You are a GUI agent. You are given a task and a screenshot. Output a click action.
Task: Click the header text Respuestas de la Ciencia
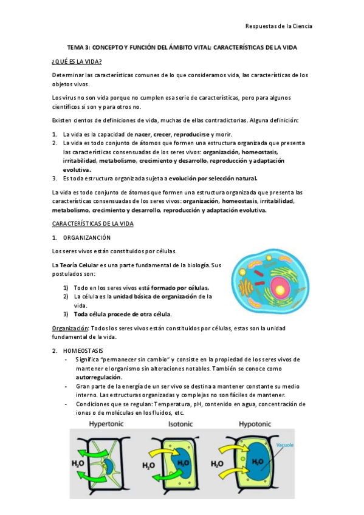point(278,26)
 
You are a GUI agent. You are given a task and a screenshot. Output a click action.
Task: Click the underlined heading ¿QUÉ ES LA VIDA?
point(77,62)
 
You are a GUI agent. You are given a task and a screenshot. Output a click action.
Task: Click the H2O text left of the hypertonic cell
point(77,463)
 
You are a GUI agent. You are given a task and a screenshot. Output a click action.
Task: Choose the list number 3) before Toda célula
point(66,314)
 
